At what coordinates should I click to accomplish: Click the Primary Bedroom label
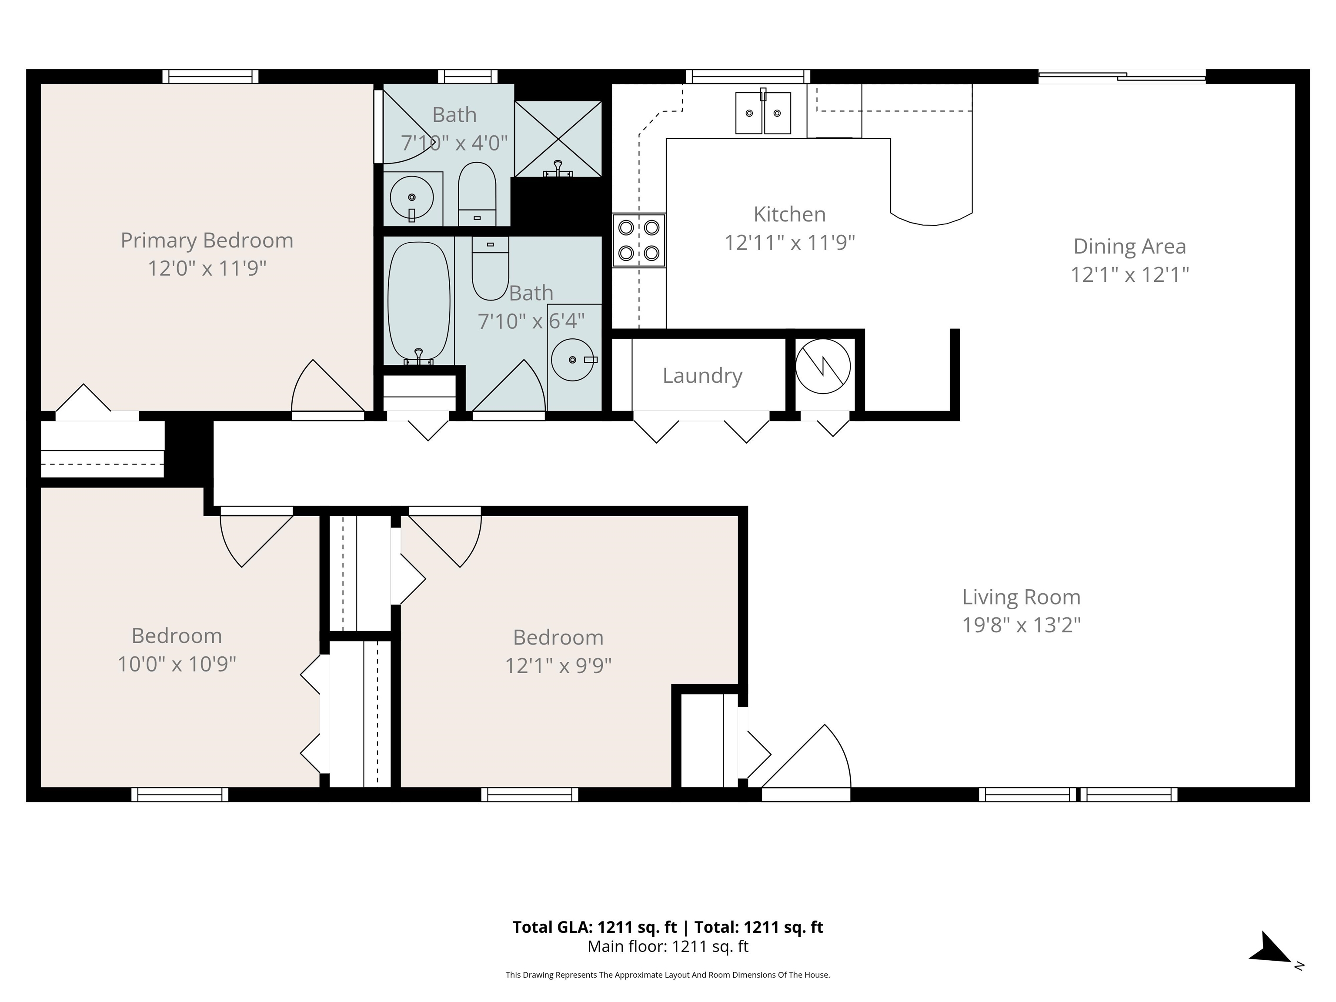pos(207,240)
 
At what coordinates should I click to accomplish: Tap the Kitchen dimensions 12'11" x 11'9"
pos(789,243)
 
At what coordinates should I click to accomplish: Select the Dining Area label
pos(1129,247)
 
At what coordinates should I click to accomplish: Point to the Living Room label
pos(1021,598)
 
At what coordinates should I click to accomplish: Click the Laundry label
pos(702,376)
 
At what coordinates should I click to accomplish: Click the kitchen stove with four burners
pos(639,240)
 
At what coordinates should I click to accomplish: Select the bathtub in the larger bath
pos(418,301)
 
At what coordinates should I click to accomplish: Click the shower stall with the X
pos(558,139)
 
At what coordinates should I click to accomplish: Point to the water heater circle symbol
pos(823,366)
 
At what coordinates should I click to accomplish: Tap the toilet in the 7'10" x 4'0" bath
pos(477,193)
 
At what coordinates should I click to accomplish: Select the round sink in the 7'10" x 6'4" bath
pos(573,360)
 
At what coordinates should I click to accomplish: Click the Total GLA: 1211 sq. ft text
pos(595,927)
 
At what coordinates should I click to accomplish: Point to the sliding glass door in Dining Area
pos(1122,76)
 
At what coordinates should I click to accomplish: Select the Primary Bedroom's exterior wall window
pos(210,76)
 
